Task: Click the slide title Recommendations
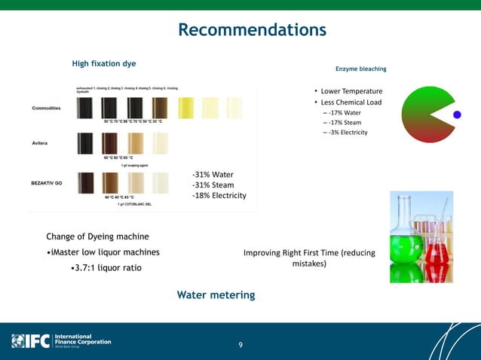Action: coord(252,30)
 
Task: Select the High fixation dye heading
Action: coord(104,63)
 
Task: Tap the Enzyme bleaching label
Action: coord(360,69)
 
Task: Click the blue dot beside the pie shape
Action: coord(456,114)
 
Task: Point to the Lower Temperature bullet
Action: coord(351,91)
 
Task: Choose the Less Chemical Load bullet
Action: coord(351,102)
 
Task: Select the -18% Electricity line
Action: coord(219,196)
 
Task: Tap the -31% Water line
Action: coord(213,175)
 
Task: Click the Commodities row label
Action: coord(47,108)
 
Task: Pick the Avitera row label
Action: coord(40,142)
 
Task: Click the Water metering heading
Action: coord(216,294)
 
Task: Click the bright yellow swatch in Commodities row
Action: coord(187,108)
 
